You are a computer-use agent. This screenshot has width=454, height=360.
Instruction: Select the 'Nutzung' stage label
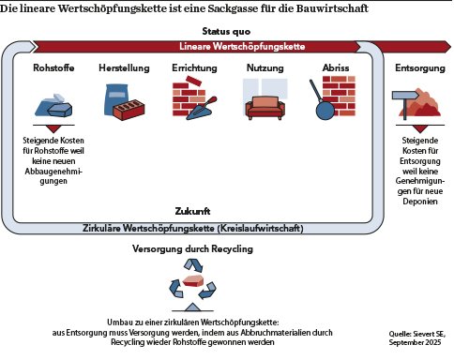(x=265, y=68)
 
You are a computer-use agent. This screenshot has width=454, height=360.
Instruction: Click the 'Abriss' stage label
(x=335, y=68)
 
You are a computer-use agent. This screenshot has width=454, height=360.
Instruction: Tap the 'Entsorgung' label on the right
(x=413, y=68)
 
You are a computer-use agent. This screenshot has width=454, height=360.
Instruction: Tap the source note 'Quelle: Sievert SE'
(x=417, y=333)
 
